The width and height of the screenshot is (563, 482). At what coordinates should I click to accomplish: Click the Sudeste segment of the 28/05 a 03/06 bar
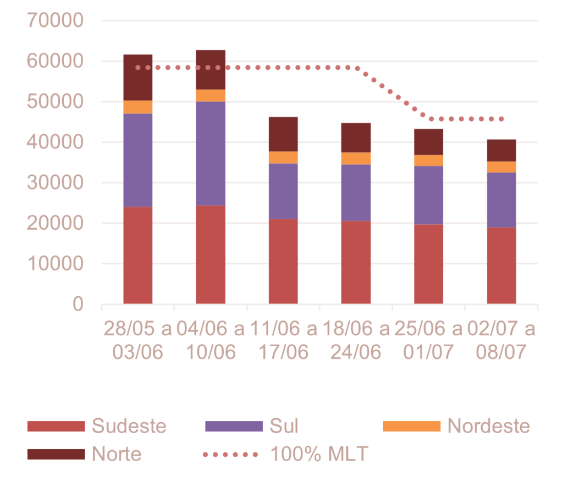(138, 255)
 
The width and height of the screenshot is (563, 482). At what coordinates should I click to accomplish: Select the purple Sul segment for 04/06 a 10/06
(211, 153)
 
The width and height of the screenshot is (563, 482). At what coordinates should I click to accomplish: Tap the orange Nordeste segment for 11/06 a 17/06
(283, 157)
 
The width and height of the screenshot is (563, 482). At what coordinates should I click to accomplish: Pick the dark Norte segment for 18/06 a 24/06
(356, 137)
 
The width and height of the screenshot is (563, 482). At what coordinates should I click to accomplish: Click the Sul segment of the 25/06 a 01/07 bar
(428, 195)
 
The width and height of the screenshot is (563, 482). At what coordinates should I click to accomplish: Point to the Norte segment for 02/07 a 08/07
(501, 150)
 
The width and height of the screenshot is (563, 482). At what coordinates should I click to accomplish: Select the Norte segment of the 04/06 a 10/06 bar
(211, 69)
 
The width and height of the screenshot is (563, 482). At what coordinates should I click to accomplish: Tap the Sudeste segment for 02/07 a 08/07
(501, 265)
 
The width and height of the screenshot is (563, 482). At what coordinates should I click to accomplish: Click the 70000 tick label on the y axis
(55, 21)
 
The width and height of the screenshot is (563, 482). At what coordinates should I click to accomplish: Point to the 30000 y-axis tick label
(55, 183)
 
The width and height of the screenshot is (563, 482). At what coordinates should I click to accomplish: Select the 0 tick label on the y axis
(78, 304)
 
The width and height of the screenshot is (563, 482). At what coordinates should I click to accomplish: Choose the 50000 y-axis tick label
(55, 102)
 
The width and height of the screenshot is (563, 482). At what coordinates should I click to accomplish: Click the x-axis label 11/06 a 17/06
(283, 340)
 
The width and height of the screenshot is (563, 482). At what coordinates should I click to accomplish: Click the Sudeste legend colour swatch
(56, 426)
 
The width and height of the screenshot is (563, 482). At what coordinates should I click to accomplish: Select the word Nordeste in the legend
(489, 426)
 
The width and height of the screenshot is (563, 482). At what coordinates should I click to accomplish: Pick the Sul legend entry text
(284, 426)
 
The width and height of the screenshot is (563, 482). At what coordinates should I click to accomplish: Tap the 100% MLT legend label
(319, 454)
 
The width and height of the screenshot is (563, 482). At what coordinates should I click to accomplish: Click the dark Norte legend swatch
(56, 455)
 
